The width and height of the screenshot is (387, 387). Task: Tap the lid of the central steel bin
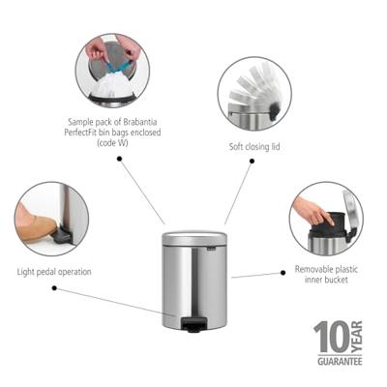(x=194, y=238)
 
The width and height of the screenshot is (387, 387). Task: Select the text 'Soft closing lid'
(x=254, y=147)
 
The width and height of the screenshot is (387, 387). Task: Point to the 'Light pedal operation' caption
(x=54, y=272)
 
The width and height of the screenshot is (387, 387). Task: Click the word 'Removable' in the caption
(x=313, y=269)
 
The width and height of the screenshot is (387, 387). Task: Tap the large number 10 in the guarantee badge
(x=331, y=337)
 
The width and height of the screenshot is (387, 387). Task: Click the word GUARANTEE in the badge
(x=340, y=361)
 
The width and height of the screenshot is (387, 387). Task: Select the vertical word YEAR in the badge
(x=356, y=337)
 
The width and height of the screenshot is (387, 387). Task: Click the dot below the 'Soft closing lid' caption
(x=253, y=161)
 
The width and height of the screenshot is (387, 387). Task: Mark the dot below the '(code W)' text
(x=119, y=159)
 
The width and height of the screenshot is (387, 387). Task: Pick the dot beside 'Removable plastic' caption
(x=283, y=273)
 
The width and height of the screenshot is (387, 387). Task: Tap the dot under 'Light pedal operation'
(x=54, y=288)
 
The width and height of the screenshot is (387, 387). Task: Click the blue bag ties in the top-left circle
(x=117, y=66)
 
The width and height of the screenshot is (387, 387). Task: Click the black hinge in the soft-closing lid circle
(x=274, y=109)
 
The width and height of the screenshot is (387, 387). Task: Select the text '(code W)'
(x=112, y=143)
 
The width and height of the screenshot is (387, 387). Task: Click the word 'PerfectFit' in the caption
(x=80, y=133)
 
